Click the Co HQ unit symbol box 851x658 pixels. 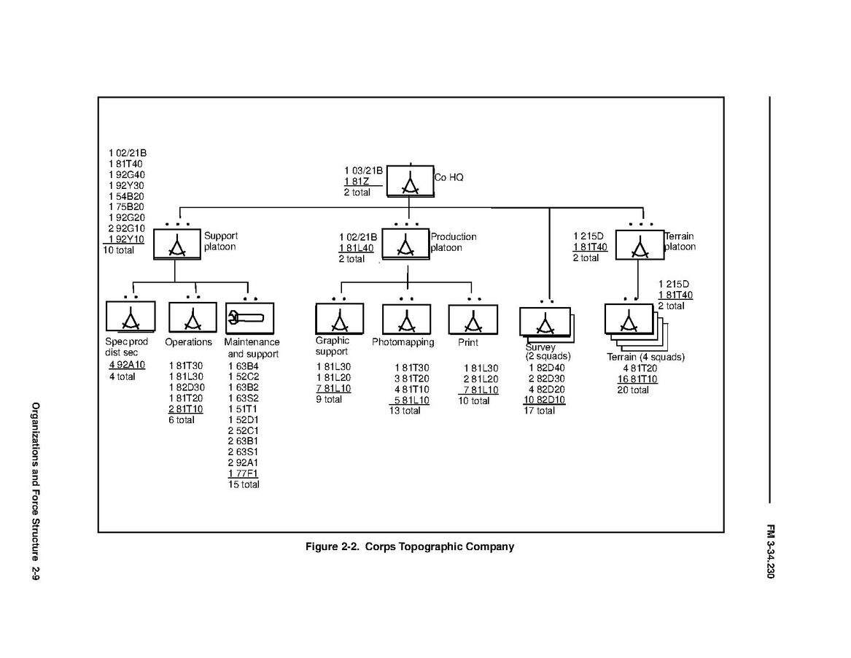tap(409, 180)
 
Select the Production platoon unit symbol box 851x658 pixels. tap(406, 244)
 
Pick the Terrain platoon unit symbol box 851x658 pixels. tap(640, 245)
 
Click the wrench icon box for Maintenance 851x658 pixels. tap(249, 319)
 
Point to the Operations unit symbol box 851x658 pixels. tap(193, 318)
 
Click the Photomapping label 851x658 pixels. tap(403, 342)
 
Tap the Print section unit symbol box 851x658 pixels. tap(473, 320)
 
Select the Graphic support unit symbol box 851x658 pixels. tap(339, 319)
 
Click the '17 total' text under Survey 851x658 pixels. tap(540, 411)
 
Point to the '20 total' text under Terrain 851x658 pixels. tap(633, 390)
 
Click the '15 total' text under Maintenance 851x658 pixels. tap(244, 484)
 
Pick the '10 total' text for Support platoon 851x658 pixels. tap(119, 250)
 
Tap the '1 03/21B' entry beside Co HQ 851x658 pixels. tap(363, 171)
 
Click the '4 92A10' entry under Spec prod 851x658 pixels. tap(127, 365)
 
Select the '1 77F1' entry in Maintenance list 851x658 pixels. tap(243, 473)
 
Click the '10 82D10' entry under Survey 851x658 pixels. tap(544, 400)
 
